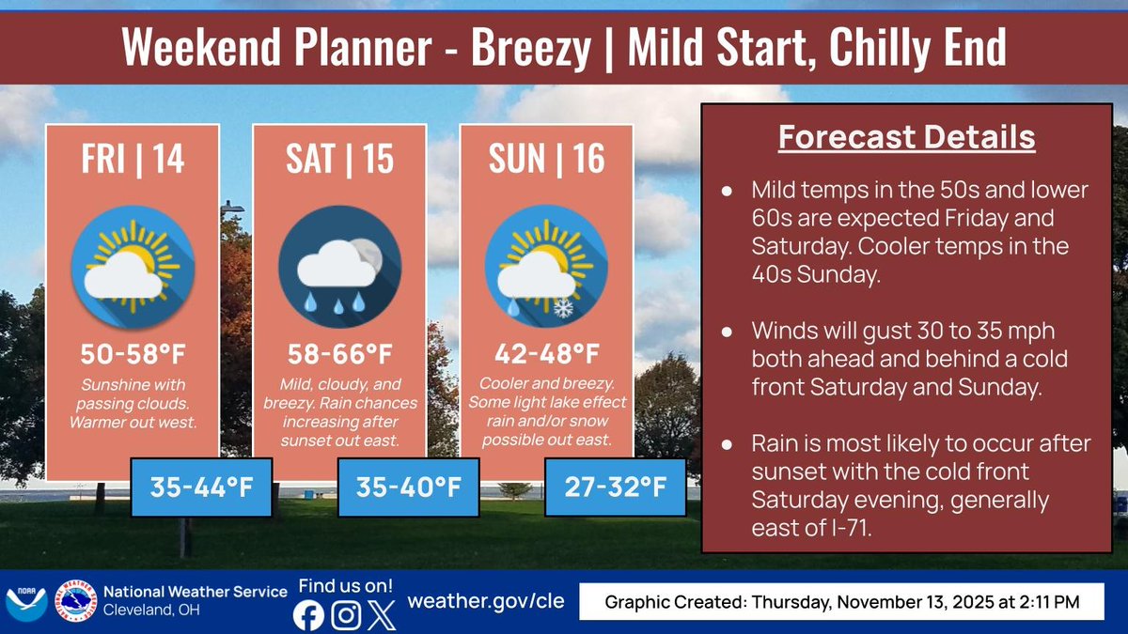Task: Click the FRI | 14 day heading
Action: (x=133, y=159)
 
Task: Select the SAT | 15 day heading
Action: (x=339, y=159)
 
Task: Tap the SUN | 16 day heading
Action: (x=546, y=159)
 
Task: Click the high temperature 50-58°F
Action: (x=133, y=357)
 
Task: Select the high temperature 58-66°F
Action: (x=339, y=357)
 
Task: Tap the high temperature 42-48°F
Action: (x=546, y=355)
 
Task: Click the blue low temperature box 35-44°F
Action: (x=200, y=487)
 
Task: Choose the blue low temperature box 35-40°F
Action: (x=408, y=487)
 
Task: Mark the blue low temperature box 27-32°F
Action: (x=615, y=487)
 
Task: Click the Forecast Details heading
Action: (x=906, y=138)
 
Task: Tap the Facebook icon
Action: (x=308, y=615)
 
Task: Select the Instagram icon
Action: (x=346, y=615)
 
